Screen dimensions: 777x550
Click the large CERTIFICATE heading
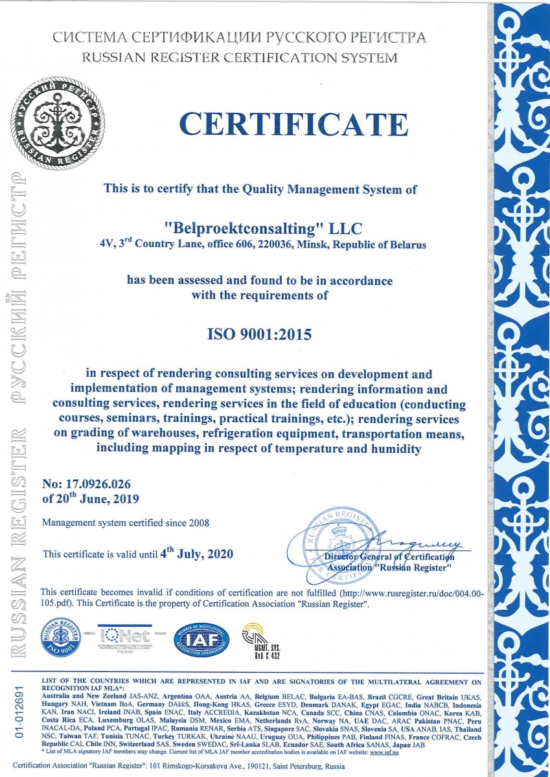(x=293, y=124)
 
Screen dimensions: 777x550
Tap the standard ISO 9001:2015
(x=259, y=335)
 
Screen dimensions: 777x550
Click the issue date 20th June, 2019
(x=90, y=499)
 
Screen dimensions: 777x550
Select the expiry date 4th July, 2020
(x=196, y=554)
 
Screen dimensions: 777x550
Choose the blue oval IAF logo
(x=201, y=640)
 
